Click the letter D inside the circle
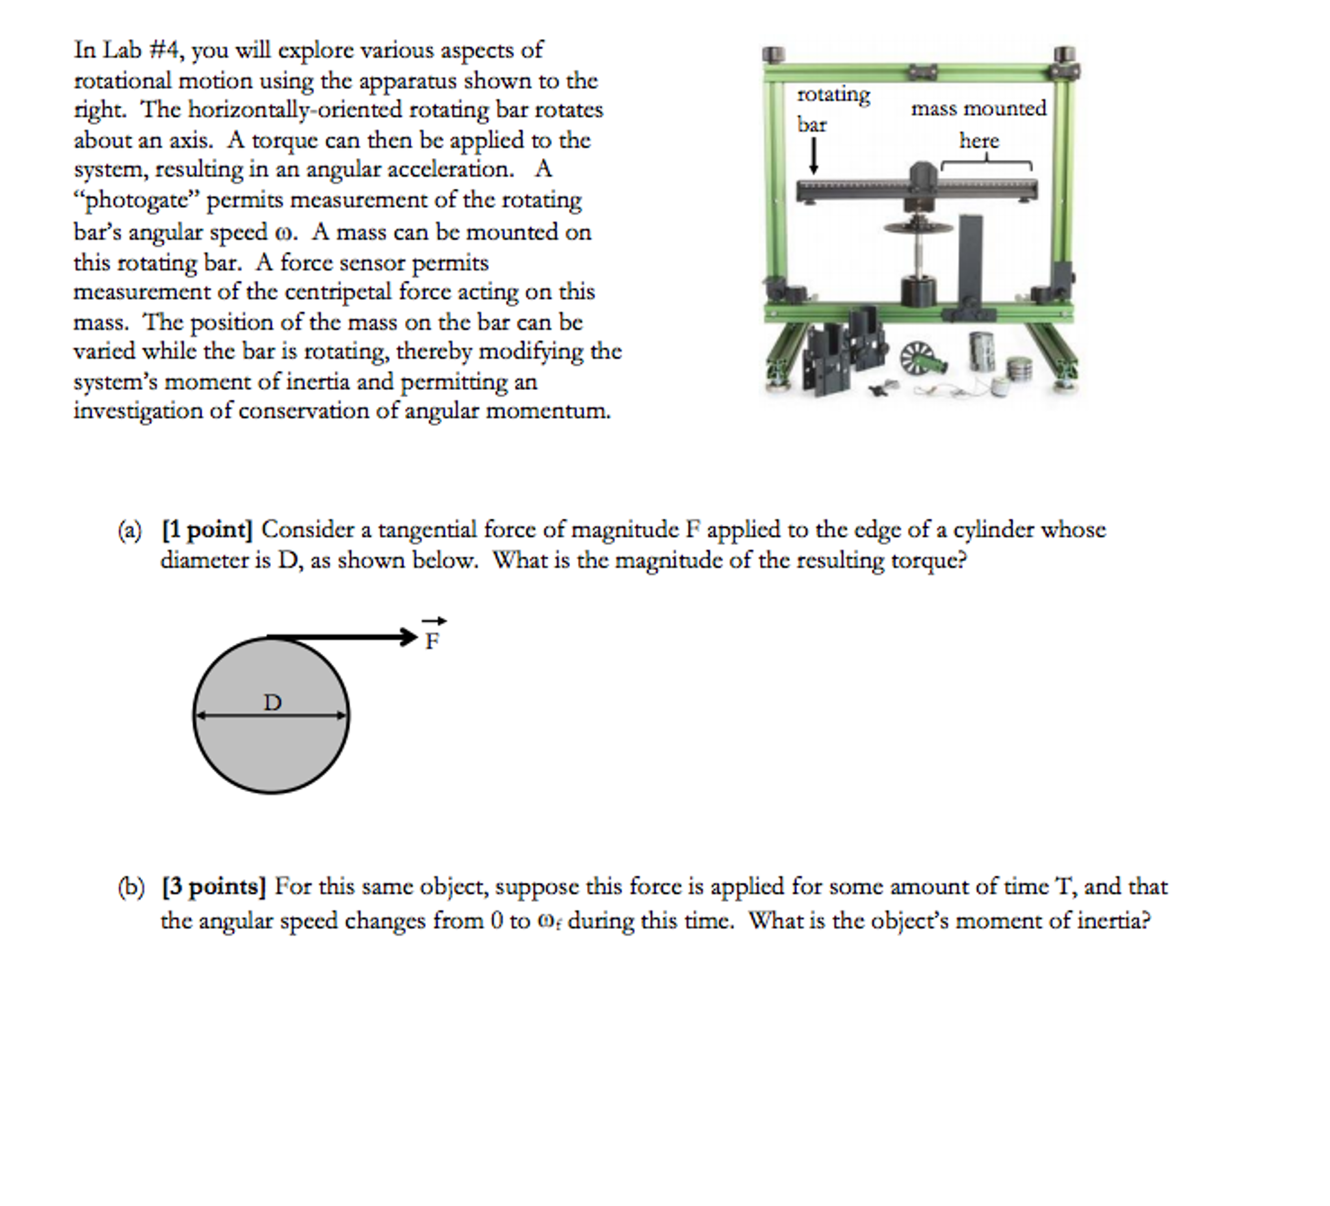click(272, 702)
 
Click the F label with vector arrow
click(432, 636)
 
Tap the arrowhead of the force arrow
click(409, 637)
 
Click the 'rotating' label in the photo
click(834, 95)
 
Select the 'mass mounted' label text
click(978, 108)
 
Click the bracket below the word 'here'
click(986, 162)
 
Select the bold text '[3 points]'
click(214, 886)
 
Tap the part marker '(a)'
click(129, 531)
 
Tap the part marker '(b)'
click(131, 887)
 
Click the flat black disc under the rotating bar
click(919, 228)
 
